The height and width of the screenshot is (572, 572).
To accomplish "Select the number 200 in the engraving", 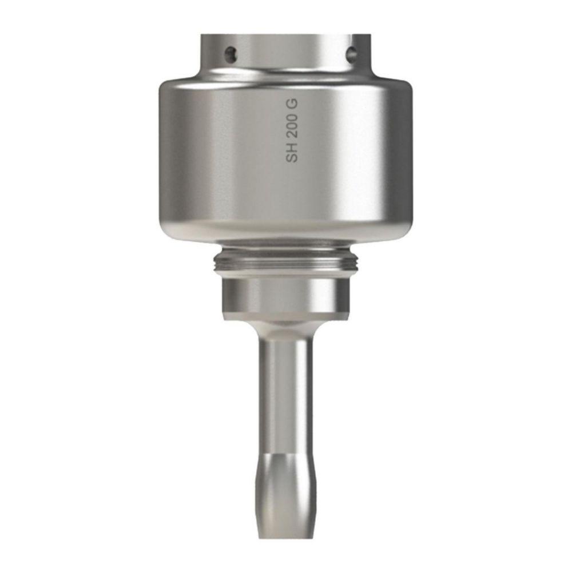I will click(293, 127).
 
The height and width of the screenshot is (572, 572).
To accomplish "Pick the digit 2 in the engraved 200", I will click(293, 135).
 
